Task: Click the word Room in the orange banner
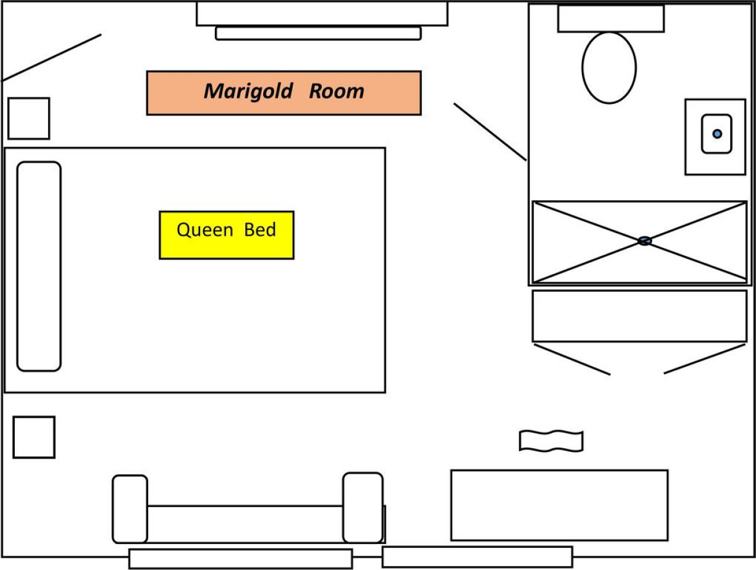(x=337, y=91)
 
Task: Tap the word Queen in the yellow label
(x=205, y=230)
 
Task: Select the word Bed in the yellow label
(x=260, y=230)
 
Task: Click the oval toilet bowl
(x=609, y=68)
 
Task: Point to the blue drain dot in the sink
(x=717, y=134)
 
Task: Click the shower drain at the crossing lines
(x=644, y=241)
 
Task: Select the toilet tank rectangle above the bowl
(x=611, y=19)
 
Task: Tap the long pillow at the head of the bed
(x=39, y=266)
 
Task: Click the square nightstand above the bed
(x=29, y=119)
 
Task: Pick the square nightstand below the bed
(x=34, y=437)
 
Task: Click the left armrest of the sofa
(x=130, y=509)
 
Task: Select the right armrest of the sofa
(x=363, y=508)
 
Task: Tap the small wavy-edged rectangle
(x=551, y=441)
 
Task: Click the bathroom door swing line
(x=490, y=132)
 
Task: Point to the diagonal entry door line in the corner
(x=52, y=57)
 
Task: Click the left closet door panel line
(x=572, y=359)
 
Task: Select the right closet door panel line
(x=705, y=359)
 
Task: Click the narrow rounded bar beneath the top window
(x=318, y=33)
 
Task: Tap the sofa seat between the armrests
(x=245, y=524)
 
